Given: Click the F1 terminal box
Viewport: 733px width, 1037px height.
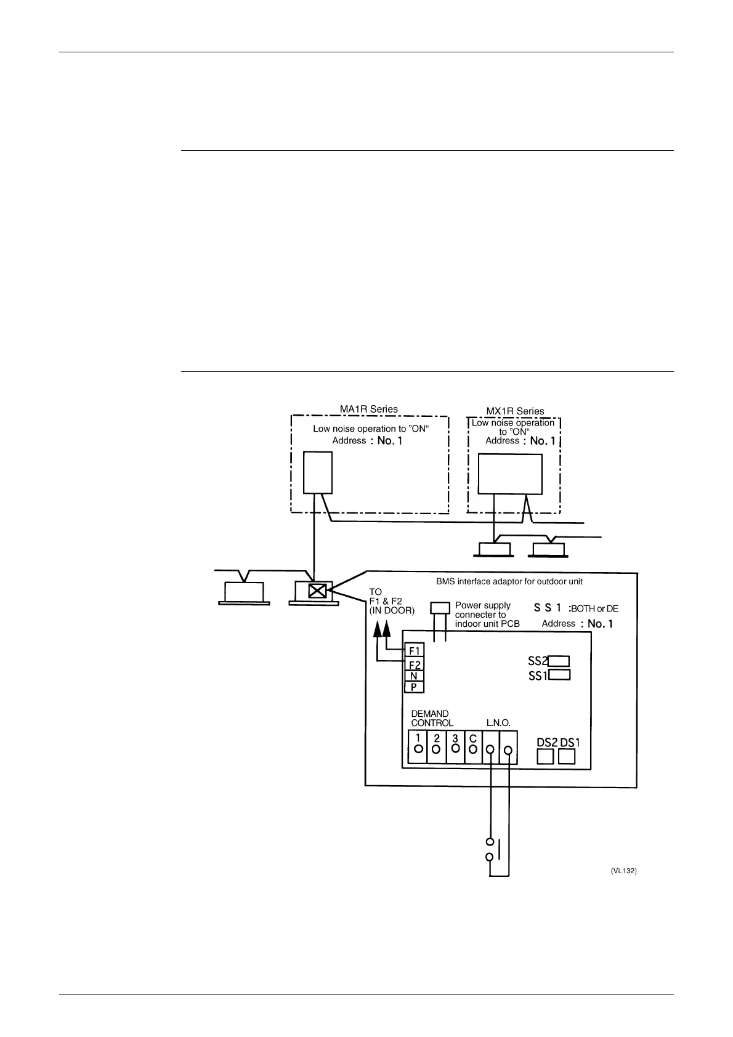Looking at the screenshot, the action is pyautogui.click(x=414, y=650).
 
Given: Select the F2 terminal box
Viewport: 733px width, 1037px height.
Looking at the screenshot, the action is pyautogui.click(x=414, y=664).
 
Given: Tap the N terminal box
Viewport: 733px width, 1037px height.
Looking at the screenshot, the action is pyautogui.click(x=414, y=676).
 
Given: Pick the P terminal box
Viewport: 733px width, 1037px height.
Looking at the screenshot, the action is pyautogui.click(x=414, y=687).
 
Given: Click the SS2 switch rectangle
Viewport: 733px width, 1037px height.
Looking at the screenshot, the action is pyautogui.click(x=559, y=661).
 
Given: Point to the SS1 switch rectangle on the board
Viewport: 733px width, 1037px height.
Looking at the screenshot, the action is pyautogui.click(x=559, y=675).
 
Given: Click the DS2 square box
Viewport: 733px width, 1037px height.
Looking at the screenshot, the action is pyautogui.click(x=545, y=756).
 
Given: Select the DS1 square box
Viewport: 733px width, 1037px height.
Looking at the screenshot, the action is pyautogui.click(x=567, y=756).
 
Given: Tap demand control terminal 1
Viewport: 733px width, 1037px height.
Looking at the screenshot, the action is pyautogui.click(x=418, y=747).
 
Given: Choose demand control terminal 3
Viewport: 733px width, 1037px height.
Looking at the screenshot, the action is pyautogui.click(x=455, y=747).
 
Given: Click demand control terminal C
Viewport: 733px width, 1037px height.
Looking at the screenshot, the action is pyautogui.click(x=473, y=747).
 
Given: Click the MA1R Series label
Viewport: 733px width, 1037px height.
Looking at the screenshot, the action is pyautogui.click(x=369, y=409).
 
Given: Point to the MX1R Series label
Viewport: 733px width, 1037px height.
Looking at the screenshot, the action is pyautogui.click(x=515, y=411).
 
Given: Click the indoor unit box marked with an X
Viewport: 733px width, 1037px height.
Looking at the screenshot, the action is pyautogui.click(x=317, y=591).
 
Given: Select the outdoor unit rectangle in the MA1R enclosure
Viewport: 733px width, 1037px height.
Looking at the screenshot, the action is pyautogui.click(x=318, y=472).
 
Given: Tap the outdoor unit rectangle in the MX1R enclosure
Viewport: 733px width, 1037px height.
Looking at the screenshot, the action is pyautogui.click(x=510, y=474).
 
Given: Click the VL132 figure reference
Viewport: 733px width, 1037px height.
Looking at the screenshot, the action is pyautogui.click(x=623, y=871).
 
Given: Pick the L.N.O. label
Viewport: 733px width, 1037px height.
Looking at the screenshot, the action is pyautogui.click(x=498, y=723).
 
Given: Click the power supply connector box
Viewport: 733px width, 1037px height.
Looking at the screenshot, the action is pyautogui.click(x=440, y=608).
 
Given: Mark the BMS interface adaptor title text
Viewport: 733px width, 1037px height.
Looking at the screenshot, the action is pyautogui.click(x=509, y=581).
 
